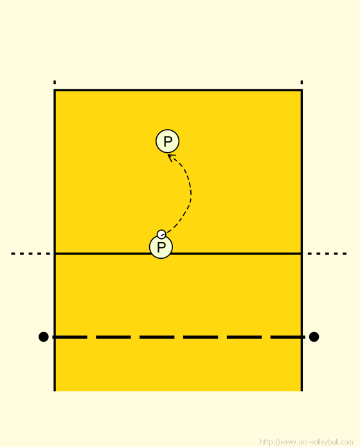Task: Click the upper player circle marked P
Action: click(x=167, y=141)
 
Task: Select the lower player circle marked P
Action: click(x=161, y=247)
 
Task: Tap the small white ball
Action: click(x=161, y=234)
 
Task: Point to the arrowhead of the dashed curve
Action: click(x=170, y=157)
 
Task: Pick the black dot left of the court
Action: click(x=43, y=337)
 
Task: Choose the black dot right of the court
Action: click(x=314, y=337)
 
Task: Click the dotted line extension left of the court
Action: click(x=31, y=254)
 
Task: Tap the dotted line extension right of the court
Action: click(x=327, y=254)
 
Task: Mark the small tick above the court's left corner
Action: click(x=55, y=82)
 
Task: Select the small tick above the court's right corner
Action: click(x=301, y=82)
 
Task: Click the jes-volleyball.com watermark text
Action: click(x=307, y=442)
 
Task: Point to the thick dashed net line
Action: click(x=178, y=337)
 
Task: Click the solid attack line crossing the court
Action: click(x=178, y=254)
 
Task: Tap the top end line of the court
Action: click(x=178, y=91)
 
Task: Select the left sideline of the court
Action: click(x=55, y=240)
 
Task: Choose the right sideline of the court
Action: click(x=301, y=240)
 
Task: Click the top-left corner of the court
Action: click(x=55, y=91)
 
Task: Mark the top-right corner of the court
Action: click(x=301, y=91)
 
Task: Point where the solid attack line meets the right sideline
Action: click(x=301, y=254)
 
